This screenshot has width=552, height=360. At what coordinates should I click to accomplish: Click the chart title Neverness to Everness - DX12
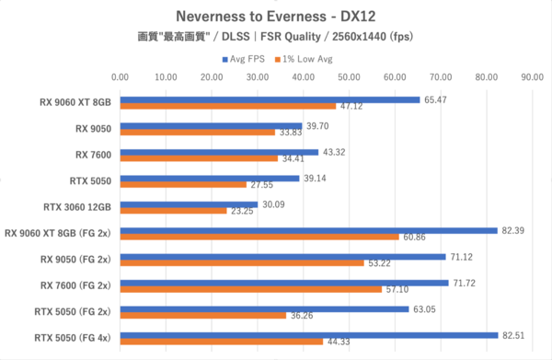tap(276, 17)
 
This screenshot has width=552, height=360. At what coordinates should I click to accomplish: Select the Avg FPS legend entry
tap(243, 59)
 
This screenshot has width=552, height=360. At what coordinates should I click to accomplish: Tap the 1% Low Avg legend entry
tap(304, 59)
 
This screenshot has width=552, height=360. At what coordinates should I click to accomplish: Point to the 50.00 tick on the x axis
tap(349, 76)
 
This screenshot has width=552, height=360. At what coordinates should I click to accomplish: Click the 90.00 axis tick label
tap(533, 76)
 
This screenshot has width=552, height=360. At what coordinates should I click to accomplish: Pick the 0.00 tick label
tap(120, 76)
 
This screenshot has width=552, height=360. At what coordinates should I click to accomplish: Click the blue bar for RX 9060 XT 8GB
tap(270, 99)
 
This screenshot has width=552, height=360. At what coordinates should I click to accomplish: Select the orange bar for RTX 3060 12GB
tap(174, 211)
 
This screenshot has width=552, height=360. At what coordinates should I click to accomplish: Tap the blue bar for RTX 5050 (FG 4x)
tap(309, 335)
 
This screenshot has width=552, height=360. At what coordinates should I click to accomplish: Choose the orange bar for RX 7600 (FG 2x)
tap(251, 289)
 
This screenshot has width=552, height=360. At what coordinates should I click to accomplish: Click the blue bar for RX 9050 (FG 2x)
tap(283, 257)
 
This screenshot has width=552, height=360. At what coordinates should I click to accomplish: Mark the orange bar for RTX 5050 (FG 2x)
tap(203, 315)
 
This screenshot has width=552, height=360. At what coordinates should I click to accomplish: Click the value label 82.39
tap(513, 231)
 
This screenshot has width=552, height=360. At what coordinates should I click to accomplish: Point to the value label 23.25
tap(242, 211)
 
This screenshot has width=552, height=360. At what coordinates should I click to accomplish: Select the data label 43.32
tap(334, 152)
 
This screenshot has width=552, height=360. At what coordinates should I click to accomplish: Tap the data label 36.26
tap(302, 315)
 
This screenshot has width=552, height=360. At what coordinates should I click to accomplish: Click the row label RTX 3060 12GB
tap(77, 207)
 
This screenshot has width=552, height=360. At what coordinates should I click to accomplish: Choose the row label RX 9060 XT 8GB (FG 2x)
tap(58, 233)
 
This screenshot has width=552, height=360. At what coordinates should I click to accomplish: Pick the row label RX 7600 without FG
tap(93, 155)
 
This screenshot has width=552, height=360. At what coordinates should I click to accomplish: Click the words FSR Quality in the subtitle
tap(291, 37)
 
